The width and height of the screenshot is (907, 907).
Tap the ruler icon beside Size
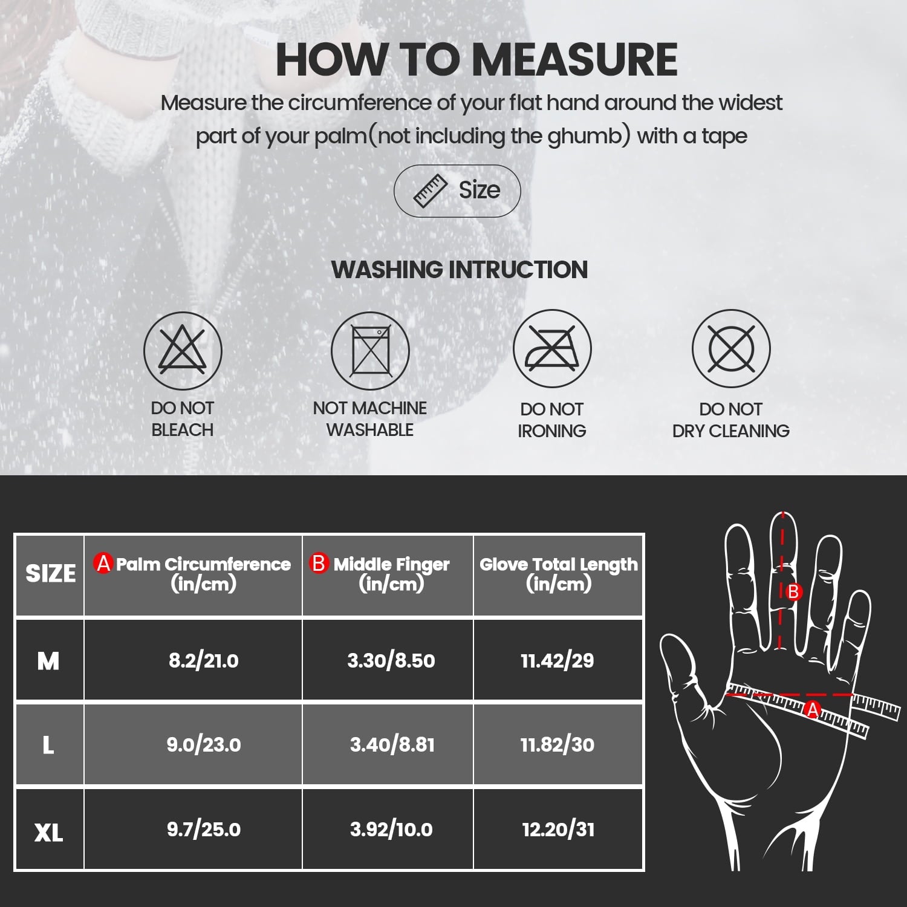(430, 191)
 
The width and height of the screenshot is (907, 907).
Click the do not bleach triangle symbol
(183, 351)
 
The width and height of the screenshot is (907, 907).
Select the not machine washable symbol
(370, 351)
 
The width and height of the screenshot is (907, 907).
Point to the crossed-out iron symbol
(551, 349)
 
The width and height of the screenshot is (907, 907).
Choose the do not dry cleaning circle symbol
(731, 349)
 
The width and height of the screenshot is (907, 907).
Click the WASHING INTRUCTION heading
(460, 270)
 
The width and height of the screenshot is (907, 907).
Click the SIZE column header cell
(50, 574)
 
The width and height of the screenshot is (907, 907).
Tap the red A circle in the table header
(103, 564)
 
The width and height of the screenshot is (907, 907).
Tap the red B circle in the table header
(318, 564)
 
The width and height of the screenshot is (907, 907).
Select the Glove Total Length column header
(558, 574)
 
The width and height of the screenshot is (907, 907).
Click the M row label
(48, 660)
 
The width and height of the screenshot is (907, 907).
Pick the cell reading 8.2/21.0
(203, 660)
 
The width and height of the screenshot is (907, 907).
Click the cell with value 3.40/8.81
(392, 744)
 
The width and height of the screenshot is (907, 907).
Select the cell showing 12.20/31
(558, 829)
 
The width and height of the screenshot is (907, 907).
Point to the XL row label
(48, 833)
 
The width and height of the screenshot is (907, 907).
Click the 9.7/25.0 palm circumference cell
(203, 829)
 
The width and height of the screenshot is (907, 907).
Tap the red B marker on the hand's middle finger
(793, 591)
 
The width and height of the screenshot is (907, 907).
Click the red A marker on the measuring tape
(813, 710)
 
